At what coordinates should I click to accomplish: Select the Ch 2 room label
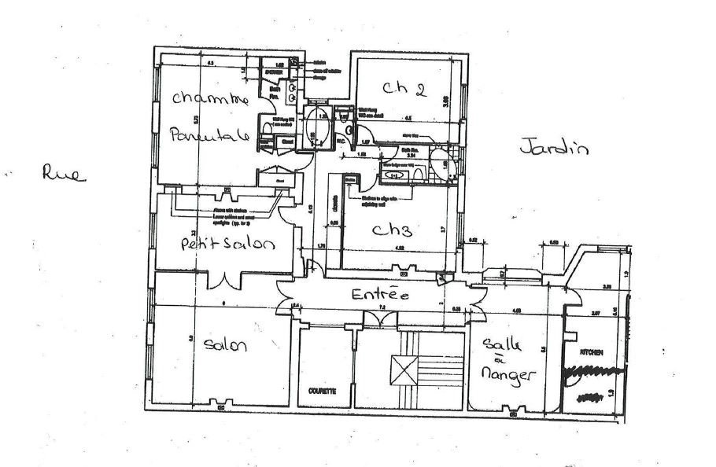[404, 88]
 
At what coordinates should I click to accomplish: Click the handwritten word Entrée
[380, 296]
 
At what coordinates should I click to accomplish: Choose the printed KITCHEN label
[592, 353]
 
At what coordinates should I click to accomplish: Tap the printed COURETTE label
[323, 390]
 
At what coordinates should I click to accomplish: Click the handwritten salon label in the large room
[226, 344]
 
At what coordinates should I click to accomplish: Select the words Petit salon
[226, 245]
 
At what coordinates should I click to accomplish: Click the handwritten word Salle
[497, 347]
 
